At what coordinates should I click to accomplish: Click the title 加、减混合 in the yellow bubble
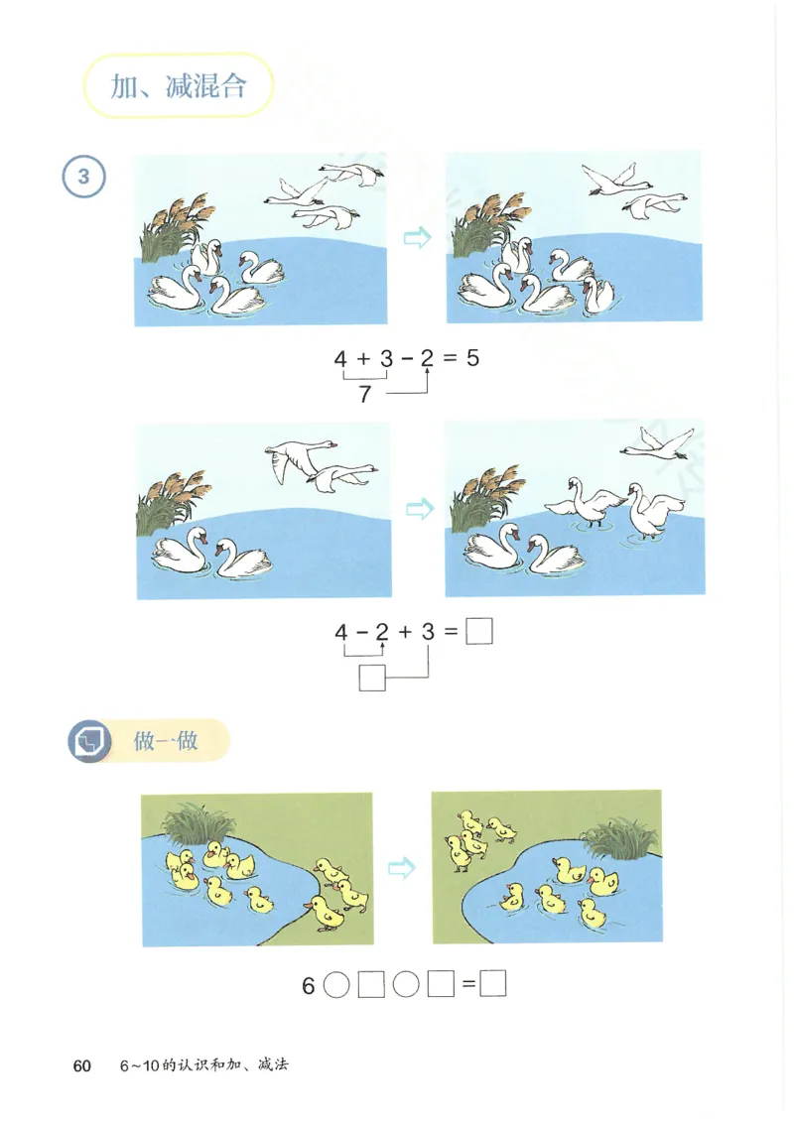click(x=178, y=86)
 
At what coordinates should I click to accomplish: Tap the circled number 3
click(x=84, y=178)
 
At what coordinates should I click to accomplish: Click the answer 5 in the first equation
click(x=472, y=358)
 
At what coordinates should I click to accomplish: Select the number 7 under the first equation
click(x=364, y=395)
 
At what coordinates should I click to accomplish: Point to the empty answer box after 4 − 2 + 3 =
click(x=479, y=631)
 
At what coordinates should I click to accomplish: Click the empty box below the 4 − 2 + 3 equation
click(x=371, y=679)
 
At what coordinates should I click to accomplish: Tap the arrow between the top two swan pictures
click(x=418, y=238)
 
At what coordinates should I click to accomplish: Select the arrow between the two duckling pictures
click(x=401, y=868)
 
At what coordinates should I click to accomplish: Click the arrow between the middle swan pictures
click(x=420, y=509)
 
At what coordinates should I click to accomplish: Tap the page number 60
click(x=81, y=1065)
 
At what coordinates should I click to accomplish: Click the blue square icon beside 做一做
click(x=90, y=741)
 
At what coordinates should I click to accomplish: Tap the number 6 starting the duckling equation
click(x=308, y=986)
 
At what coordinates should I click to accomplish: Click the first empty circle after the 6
click(x=336, y=986)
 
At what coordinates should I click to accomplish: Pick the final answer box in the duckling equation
click(x=493, y=985)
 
